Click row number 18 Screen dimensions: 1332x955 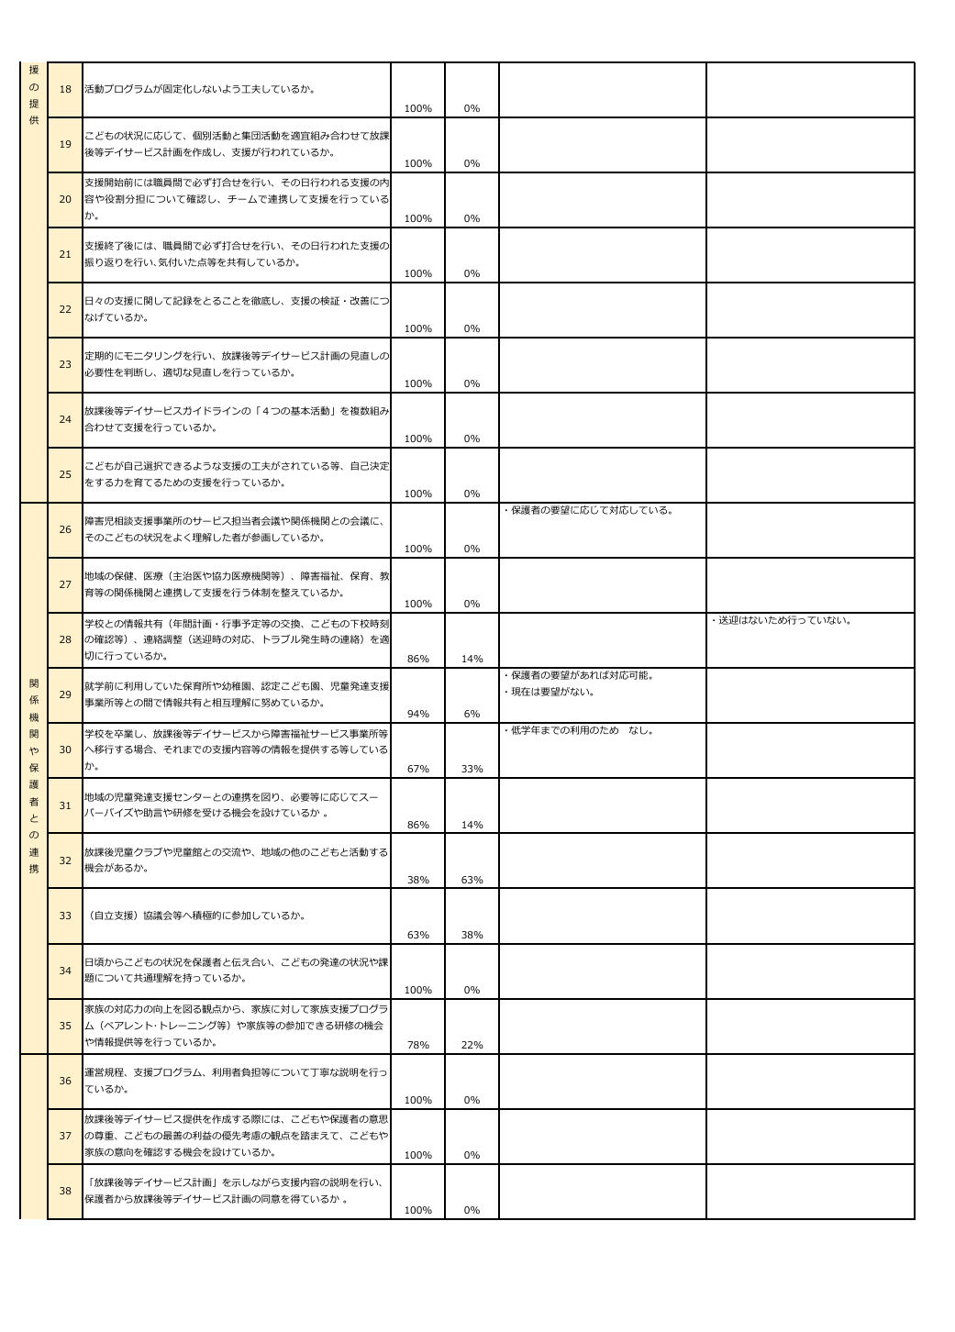(x=65, y=90)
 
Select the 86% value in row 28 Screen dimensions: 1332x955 (x=417, y=659)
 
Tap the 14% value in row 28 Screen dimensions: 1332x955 (x=472, y=659)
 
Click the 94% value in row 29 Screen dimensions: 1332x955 (x=417, y=714)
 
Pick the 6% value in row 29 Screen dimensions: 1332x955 (x=472, y=714)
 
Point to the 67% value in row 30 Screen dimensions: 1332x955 (x=417, y=769)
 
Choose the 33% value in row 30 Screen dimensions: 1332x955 (x=472, y=769)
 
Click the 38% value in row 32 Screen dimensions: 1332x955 (x=417, y=880)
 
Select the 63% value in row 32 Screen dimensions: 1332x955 (x=472, y=880)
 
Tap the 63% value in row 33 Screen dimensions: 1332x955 (x=417, y=935)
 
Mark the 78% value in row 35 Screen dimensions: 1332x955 (x=417, y=1045)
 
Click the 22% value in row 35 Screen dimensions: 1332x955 (x=472, y=1045)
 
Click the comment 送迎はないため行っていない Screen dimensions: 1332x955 (x=782, y=621)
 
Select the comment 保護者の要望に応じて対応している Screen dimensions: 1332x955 (x=589, y=510)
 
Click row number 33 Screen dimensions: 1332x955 (x=65, y=916)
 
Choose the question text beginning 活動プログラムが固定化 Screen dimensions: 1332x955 (x=200, y=90)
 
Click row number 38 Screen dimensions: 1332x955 (x=65, y=1191)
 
